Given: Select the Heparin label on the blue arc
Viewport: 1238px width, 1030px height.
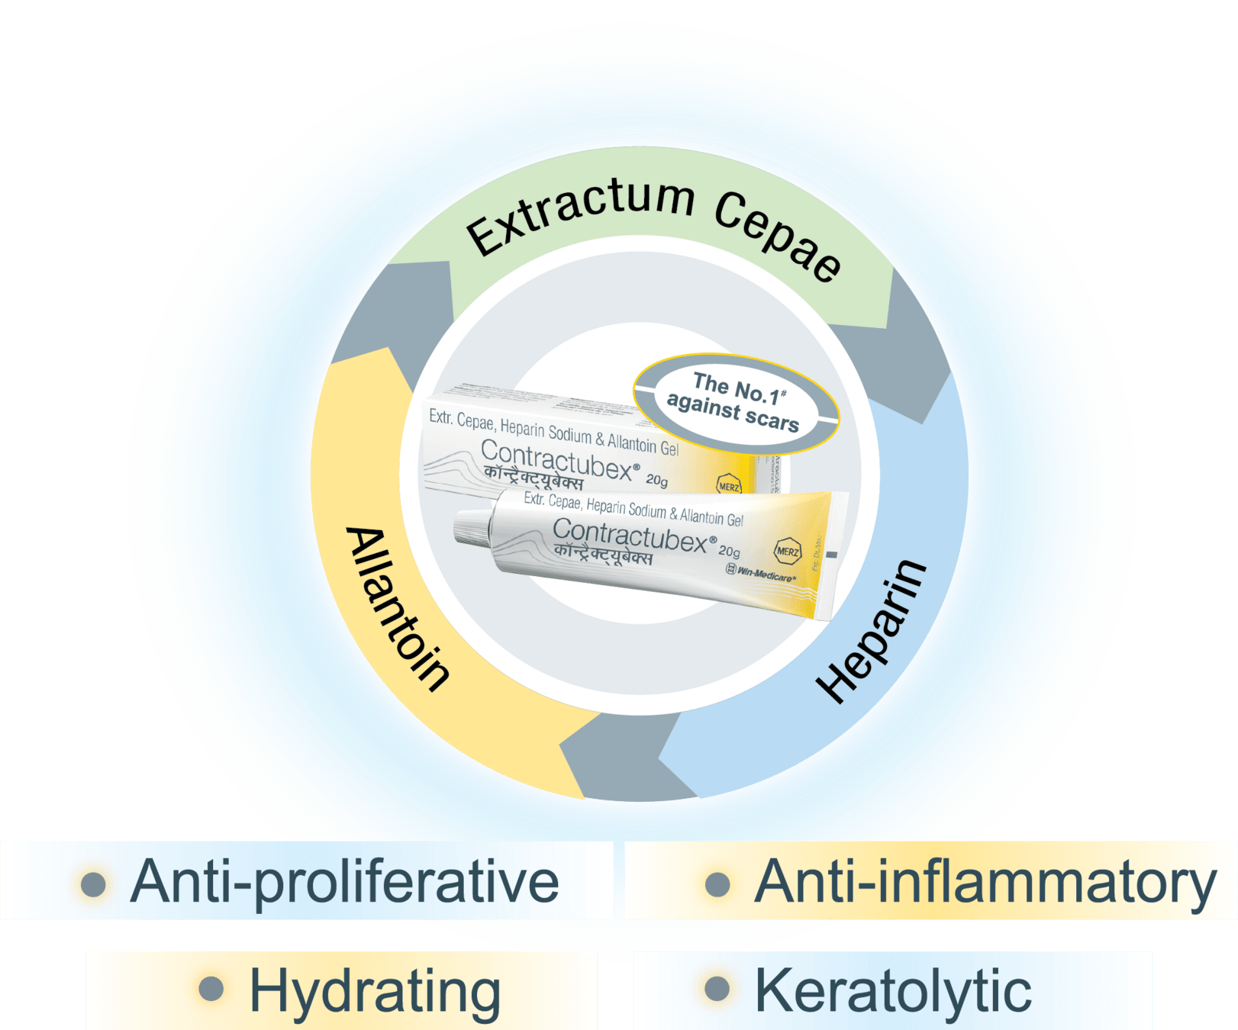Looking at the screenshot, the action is tap(871, 630).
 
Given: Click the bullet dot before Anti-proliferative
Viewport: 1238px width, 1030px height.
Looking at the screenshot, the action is tap(93, 884).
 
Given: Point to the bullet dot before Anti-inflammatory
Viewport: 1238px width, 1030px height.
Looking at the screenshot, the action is tap(717, 884).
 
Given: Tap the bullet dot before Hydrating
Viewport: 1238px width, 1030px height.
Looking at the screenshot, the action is tap(211, 990).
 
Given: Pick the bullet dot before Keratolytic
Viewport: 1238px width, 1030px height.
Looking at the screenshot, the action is tap(717, 990).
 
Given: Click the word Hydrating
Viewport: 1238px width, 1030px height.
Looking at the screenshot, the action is tap(375, 992).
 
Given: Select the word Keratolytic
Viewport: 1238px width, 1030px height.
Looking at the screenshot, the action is tap(893, 991).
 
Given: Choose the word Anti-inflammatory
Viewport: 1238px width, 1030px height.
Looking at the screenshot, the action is tap(985, 884).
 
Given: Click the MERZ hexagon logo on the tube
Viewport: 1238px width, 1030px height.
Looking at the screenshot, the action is tap(788, 551).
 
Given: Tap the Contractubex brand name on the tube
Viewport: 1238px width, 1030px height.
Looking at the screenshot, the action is tap(630, 535).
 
